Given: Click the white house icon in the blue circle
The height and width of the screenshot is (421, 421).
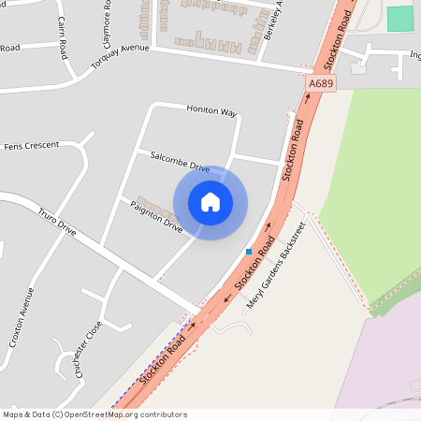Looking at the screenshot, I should point(210,202).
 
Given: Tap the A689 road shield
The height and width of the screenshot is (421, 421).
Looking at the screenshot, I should point(321,84).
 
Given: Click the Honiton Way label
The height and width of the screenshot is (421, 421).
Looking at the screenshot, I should point(211,110).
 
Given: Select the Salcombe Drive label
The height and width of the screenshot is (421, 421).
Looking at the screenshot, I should point(174,160).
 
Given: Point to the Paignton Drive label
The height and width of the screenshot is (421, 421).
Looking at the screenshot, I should point(156,216).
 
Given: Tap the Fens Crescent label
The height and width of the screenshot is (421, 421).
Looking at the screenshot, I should point(31,146).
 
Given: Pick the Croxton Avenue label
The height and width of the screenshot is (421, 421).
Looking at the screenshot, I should point(27,317).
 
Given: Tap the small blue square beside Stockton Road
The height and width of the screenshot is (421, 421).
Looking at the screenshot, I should point(249,251).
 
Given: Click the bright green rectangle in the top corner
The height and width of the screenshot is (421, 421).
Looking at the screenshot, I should point(399,18).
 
